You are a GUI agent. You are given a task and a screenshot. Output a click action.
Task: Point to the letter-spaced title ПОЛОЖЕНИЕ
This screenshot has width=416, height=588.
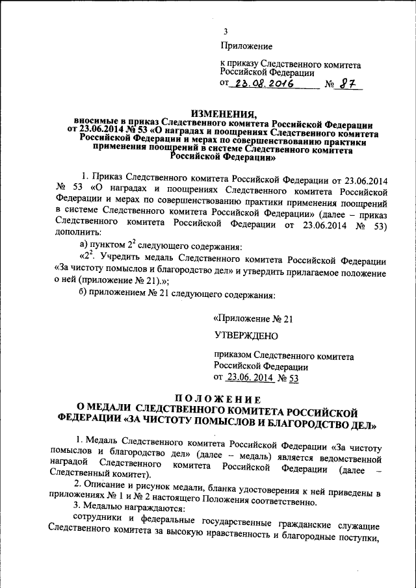pos(218,398)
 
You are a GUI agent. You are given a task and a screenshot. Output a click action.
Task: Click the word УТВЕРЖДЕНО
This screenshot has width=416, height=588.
pos(245,336)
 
